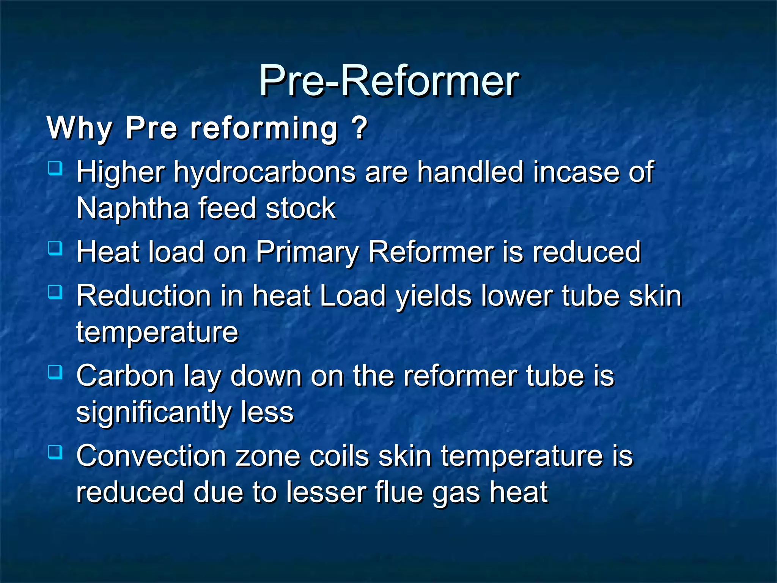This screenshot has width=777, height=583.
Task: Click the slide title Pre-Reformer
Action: point(388,81)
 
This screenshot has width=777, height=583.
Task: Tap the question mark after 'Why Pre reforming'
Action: point(359,128)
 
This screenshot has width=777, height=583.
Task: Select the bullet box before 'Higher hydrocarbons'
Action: point(55,168)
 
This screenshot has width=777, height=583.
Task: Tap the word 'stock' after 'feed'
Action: point(300,208)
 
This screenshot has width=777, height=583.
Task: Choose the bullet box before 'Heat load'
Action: point(55,249)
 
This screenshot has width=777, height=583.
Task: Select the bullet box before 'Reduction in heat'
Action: point(55,292)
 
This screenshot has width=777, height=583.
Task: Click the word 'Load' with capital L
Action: point(353,296)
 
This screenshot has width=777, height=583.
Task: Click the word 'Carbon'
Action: point(126,376)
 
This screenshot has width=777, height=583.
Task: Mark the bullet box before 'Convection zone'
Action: point(55,452)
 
